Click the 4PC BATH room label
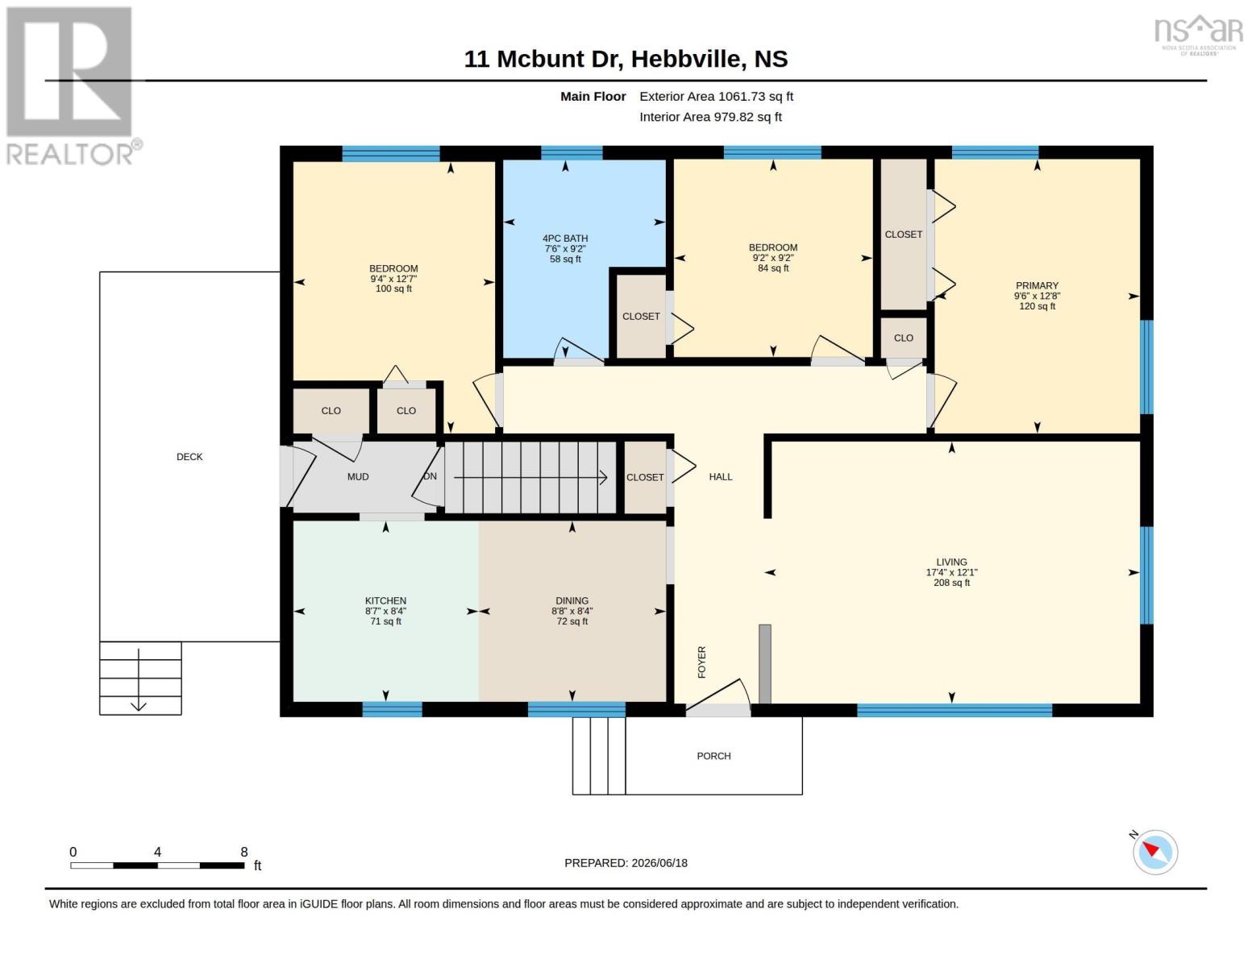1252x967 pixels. pos(564,239)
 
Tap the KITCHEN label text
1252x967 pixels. pos(385,600)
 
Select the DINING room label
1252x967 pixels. pos(572,600)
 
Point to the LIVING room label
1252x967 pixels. pos(951,562)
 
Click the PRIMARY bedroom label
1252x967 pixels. pos(1037,285)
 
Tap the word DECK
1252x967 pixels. pos(189,457)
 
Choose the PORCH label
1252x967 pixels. pos(713,756)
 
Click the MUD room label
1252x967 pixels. pos(358,477)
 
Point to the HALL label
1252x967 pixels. pos(720,477)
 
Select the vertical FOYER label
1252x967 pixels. pos(701,662)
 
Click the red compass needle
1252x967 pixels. pos(1150,849)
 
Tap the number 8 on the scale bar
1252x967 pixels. pos(244,852)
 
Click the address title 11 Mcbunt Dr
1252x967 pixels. pos(543,59)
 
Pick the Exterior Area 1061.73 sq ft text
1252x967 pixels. pos(716,97)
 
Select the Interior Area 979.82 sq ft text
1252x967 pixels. pos(710,117)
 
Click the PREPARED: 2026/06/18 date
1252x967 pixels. pos(626,863)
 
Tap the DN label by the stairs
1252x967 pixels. pos(430,476)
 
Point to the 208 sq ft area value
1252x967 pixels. pos(951,583)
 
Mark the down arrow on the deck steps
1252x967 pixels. pos(139,680)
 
